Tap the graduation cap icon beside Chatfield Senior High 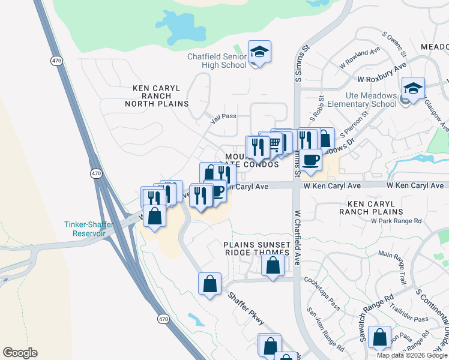tap(259, 52)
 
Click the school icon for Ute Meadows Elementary tap(413, 88)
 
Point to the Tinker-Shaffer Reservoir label tap(88, 229)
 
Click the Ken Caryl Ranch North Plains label tap(157, 96)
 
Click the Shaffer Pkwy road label tap(246, 308)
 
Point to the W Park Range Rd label tap(396, 221)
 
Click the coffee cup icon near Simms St tap(312, 160)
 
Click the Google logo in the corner tap(20, 353)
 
